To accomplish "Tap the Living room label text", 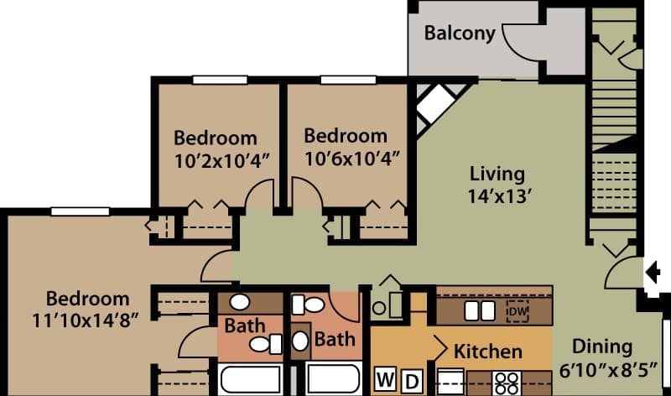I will click(x=497, y=175).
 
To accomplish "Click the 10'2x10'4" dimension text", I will click(x=215, y=159).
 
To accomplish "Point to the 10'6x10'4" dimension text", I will click(x=346, y=157).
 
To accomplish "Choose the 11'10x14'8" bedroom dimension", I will click(x=87, y=320).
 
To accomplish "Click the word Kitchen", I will click(x=488, y=351).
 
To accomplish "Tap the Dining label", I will click(x=601, y=346).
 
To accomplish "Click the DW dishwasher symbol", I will click(x=518, y=311).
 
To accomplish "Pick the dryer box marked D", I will click(x=411, y=379).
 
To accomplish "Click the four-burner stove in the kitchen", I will click(x=506, y=382).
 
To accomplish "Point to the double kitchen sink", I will click(x=479, y=310).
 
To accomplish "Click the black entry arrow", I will click(x=654, y=271).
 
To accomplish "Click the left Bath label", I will click(x=245, y=325).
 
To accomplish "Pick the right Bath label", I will click(x=334, y=339).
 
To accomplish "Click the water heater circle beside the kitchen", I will click(x=379, y=308).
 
